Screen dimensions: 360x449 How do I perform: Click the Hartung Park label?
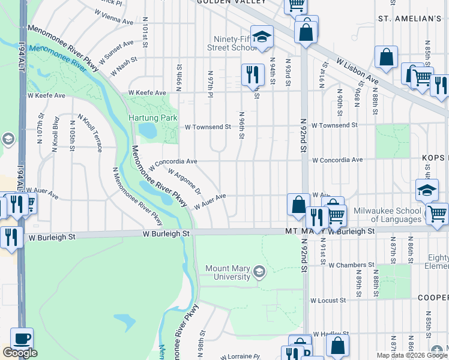click(152, 118)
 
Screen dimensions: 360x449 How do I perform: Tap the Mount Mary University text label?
click(228, 272)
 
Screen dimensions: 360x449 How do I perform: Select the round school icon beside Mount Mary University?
click(259, 272)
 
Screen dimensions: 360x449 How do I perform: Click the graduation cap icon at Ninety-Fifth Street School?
click(261, 36)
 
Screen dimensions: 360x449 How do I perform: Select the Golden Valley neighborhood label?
click(232, 2)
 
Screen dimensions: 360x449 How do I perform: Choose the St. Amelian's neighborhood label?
click(410, 19)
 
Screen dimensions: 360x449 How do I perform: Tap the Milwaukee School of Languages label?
click(387, 215)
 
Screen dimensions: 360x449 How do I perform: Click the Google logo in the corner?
click(20, 352)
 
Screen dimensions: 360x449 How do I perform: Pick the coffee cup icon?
click(22, 338)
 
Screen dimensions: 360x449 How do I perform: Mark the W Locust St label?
click(328, 300)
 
